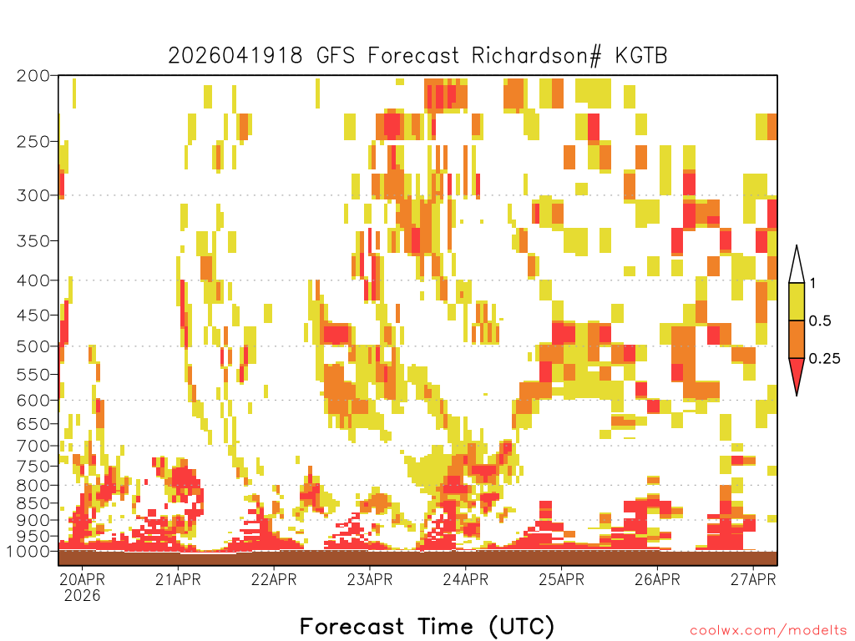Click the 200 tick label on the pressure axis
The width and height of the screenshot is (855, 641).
[x=33, y=76]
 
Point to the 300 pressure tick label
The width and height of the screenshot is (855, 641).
[x=33, y=195]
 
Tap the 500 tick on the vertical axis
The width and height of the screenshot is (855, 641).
[x=33, y=346]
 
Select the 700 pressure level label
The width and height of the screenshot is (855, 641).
[x=33, y=446]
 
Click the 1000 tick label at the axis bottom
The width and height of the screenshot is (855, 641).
[x=29, y=552]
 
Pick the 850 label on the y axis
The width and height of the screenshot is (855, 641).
[x=33, y=503]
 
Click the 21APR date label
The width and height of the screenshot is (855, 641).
[x=178, y=579]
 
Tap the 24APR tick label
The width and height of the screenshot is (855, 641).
[x=466, y=579]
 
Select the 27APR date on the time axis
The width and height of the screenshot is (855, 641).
[x=753, y=579]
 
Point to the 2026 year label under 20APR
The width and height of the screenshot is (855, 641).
[x=83, y=596]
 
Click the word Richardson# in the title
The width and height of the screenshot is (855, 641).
[x=537, y=56]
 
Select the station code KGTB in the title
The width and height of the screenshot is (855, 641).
[x=641, y=56]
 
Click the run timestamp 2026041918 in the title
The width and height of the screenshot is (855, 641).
[x=235, y=56]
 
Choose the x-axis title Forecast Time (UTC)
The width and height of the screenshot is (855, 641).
[x=427, y=626]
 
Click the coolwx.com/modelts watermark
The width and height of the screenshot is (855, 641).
[x=768, y=631]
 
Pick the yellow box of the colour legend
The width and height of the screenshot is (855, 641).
[x=797, y=301]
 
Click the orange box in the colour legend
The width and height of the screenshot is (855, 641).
[x=797, y=339]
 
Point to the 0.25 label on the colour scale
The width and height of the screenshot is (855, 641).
[x=824, y=359]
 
